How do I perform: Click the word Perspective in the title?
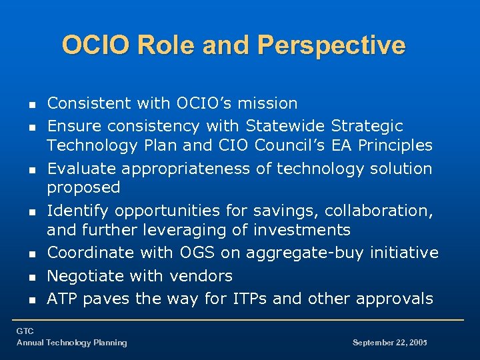coord(331,45)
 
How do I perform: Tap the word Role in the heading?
coord(161,45)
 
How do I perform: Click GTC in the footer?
coord(25,331)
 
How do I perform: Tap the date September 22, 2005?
coord(389,343)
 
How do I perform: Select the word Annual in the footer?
coord(31,343)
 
